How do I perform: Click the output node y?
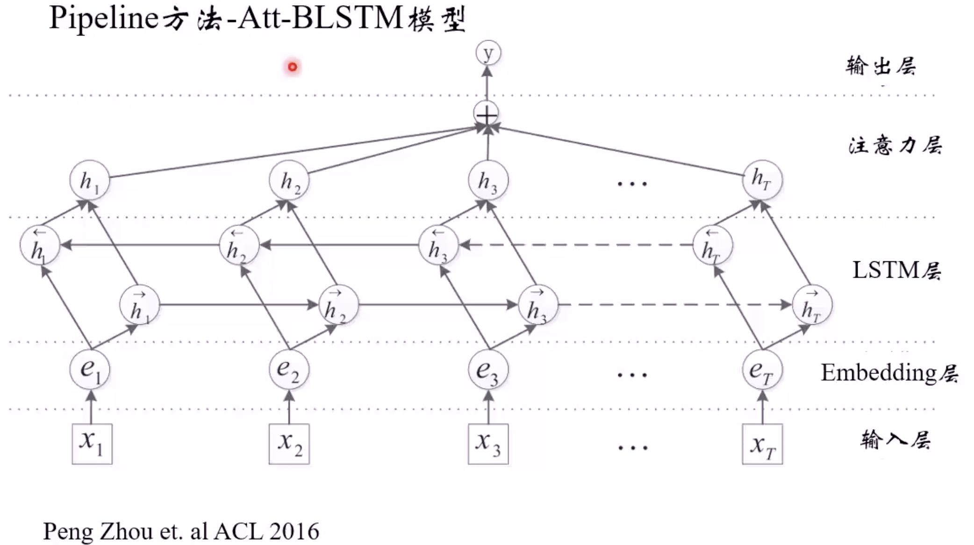click(488, 53)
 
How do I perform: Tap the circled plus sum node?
click(487, 114)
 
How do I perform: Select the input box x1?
click(92, 444)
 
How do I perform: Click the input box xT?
click(762, 444)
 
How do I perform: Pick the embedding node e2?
click(289, 370)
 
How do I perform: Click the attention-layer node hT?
click(762, 179)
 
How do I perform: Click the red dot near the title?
click(293, 67)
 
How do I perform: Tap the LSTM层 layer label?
click(896, 270)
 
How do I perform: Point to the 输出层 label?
click(881, 66)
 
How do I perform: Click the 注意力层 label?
click(895, 145)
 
